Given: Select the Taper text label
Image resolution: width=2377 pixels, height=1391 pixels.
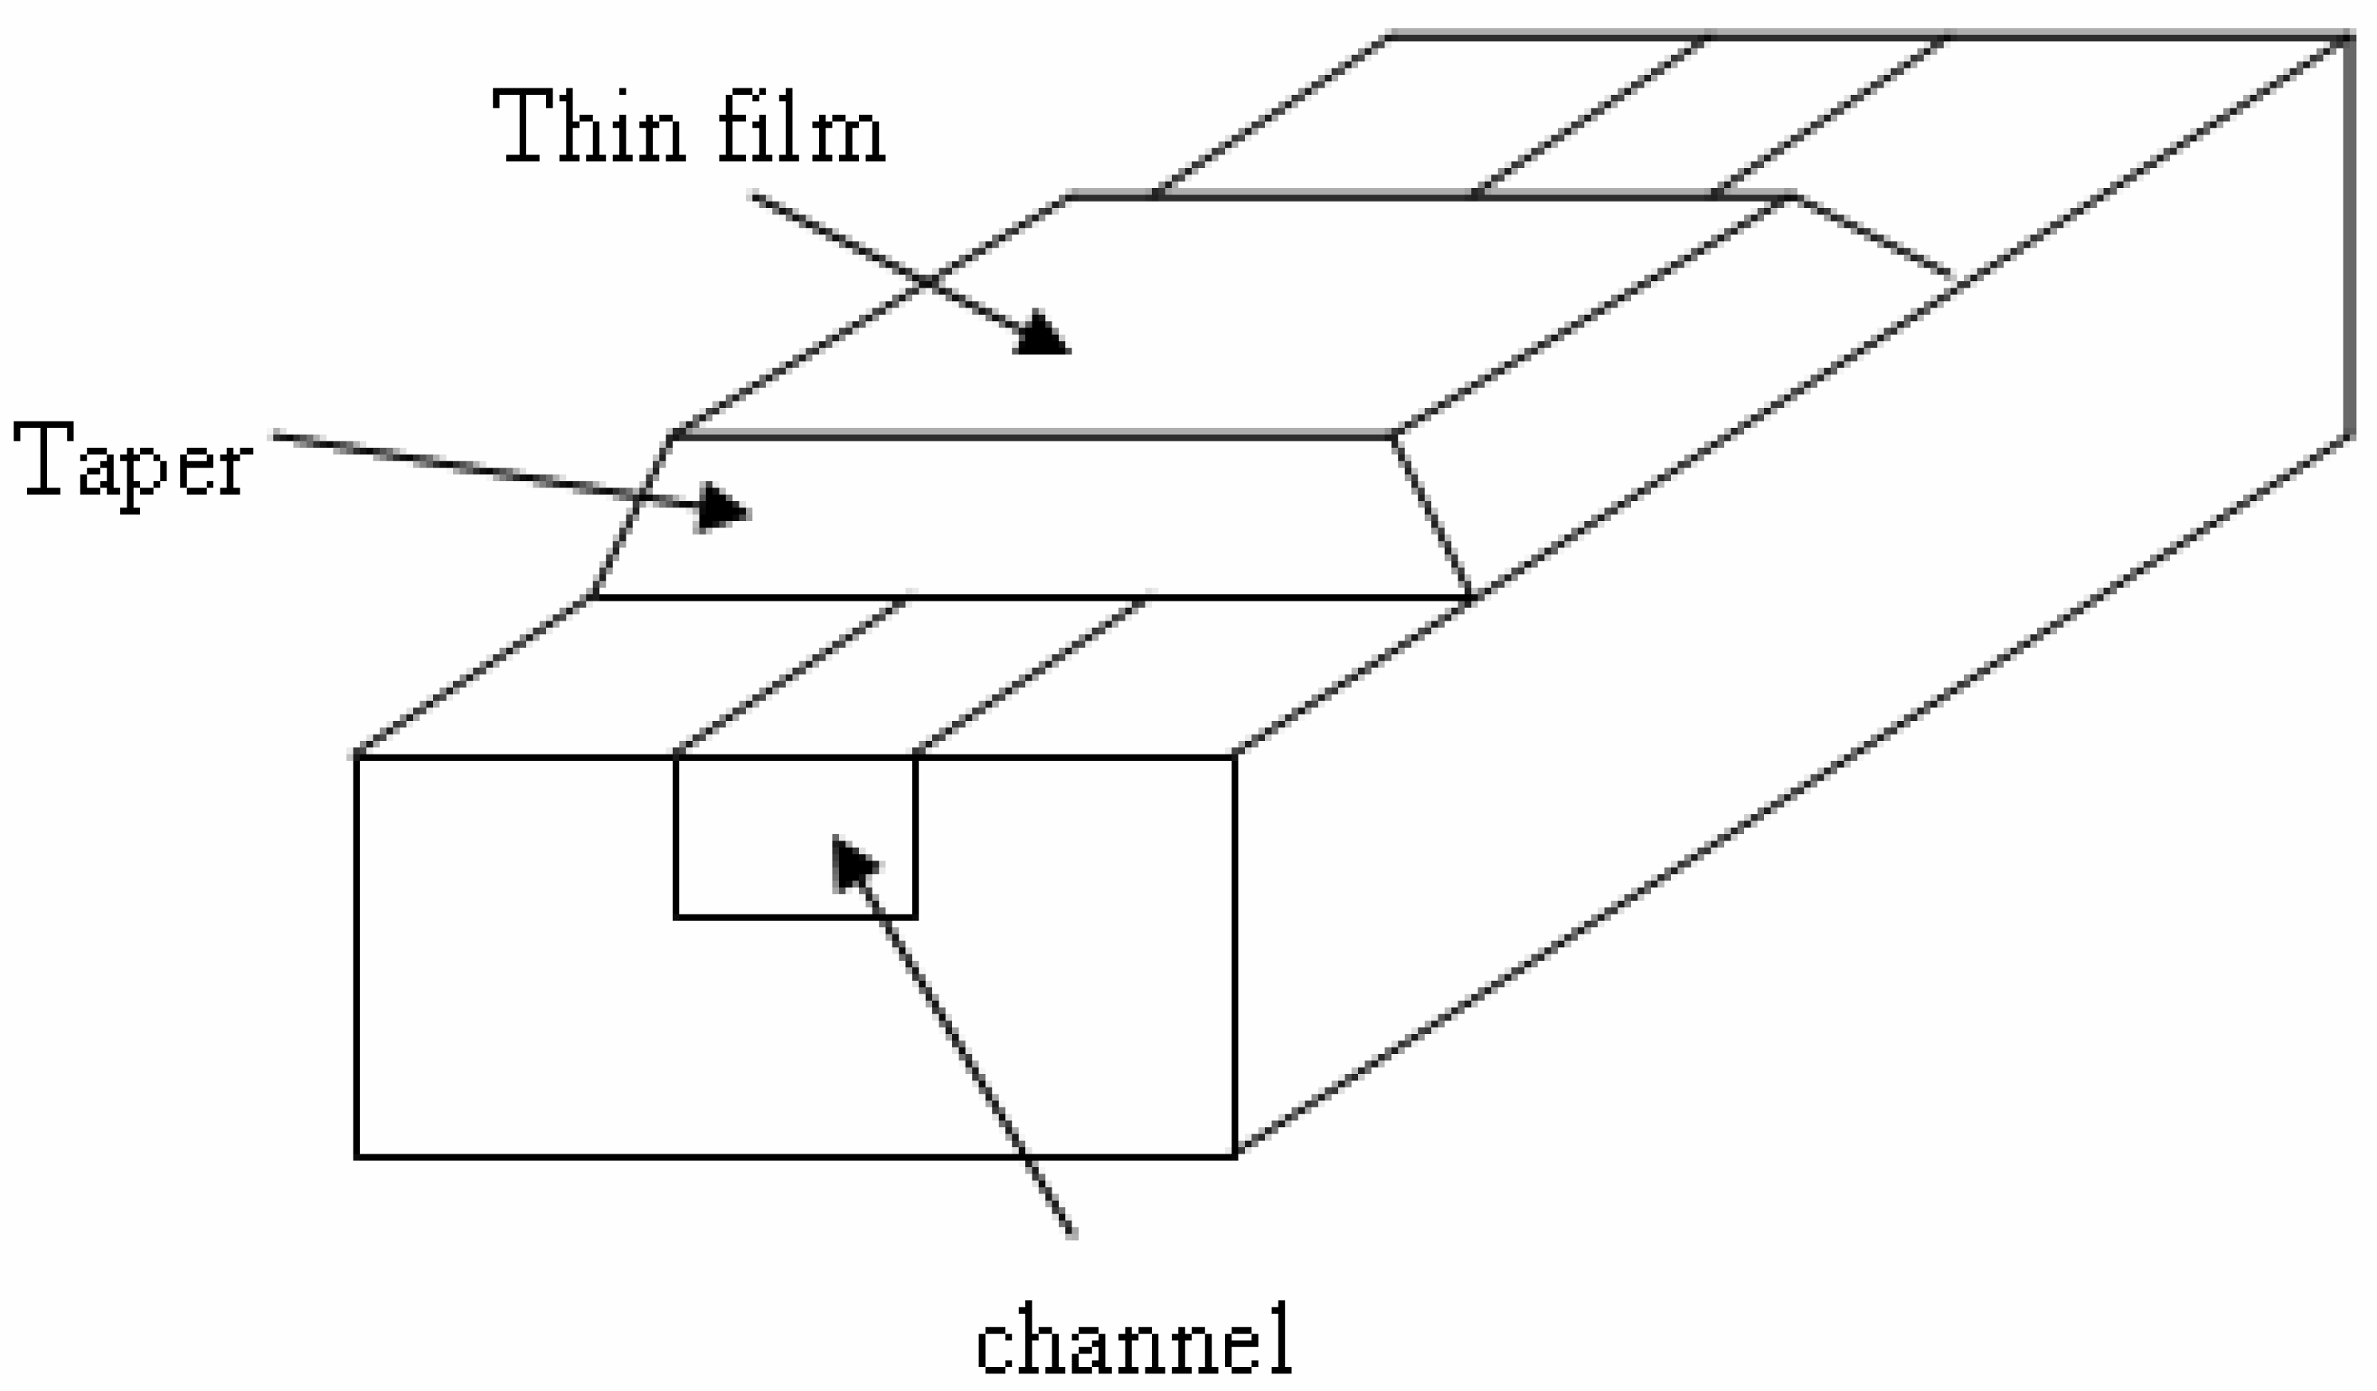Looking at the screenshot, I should (x=132, y=462).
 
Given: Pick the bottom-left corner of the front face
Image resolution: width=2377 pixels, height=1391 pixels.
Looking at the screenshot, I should (x=357, y=1157).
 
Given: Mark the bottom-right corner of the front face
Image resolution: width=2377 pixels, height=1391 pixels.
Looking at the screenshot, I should (x=1235, y=1157).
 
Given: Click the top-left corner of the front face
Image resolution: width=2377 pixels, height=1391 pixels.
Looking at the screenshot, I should (x=357, y=757).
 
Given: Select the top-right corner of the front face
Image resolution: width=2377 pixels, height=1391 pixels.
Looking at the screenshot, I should (x=1235, y=757).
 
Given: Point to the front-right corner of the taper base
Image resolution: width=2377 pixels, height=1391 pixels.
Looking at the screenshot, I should (x=1473, y=598).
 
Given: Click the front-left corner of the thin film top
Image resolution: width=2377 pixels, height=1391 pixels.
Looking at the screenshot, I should (x=672, y=436).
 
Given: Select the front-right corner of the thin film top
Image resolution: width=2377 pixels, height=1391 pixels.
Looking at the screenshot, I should (x=1393, y=436).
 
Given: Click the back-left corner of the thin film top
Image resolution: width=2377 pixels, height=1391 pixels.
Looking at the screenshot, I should (x=1070, y=196).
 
